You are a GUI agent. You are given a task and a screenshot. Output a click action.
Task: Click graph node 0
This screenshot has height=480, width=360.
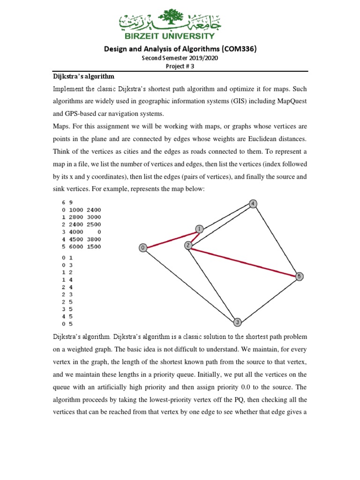tap(143, 247)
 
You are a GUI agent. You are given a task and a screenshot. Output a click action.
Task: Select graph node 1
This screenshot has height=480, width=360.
tap(200, 229)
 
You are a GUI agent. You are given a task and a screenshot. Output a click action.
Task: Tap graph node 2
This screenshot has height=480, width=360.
tap(188, 245)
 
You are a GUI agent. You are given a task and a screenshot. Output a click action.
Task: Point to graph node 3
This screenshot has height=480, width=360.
tap(238, 322)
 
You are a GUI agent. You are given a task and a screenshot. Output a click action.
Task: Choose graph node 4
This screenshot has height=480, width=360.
tap(253, 203)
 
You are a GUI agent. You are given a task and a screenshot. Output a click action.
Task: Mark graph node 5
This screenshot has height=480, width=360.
tap(300, 277)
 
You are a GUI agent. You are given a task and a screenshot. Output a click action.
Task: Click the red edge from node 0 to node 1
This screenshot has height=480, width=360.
tap(171, 238)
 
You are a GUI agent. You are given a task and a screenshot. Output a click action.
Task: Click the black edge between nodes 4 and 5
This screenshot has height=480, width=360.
tap(277, 240)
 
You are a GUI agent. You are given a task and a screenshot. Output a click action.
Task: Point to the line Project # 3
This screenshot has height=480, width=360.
tap(180, 66)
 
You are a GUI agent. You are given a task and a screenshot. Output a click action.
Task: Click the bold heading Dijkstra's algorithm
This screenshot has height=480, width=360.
tap(82, 76)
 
